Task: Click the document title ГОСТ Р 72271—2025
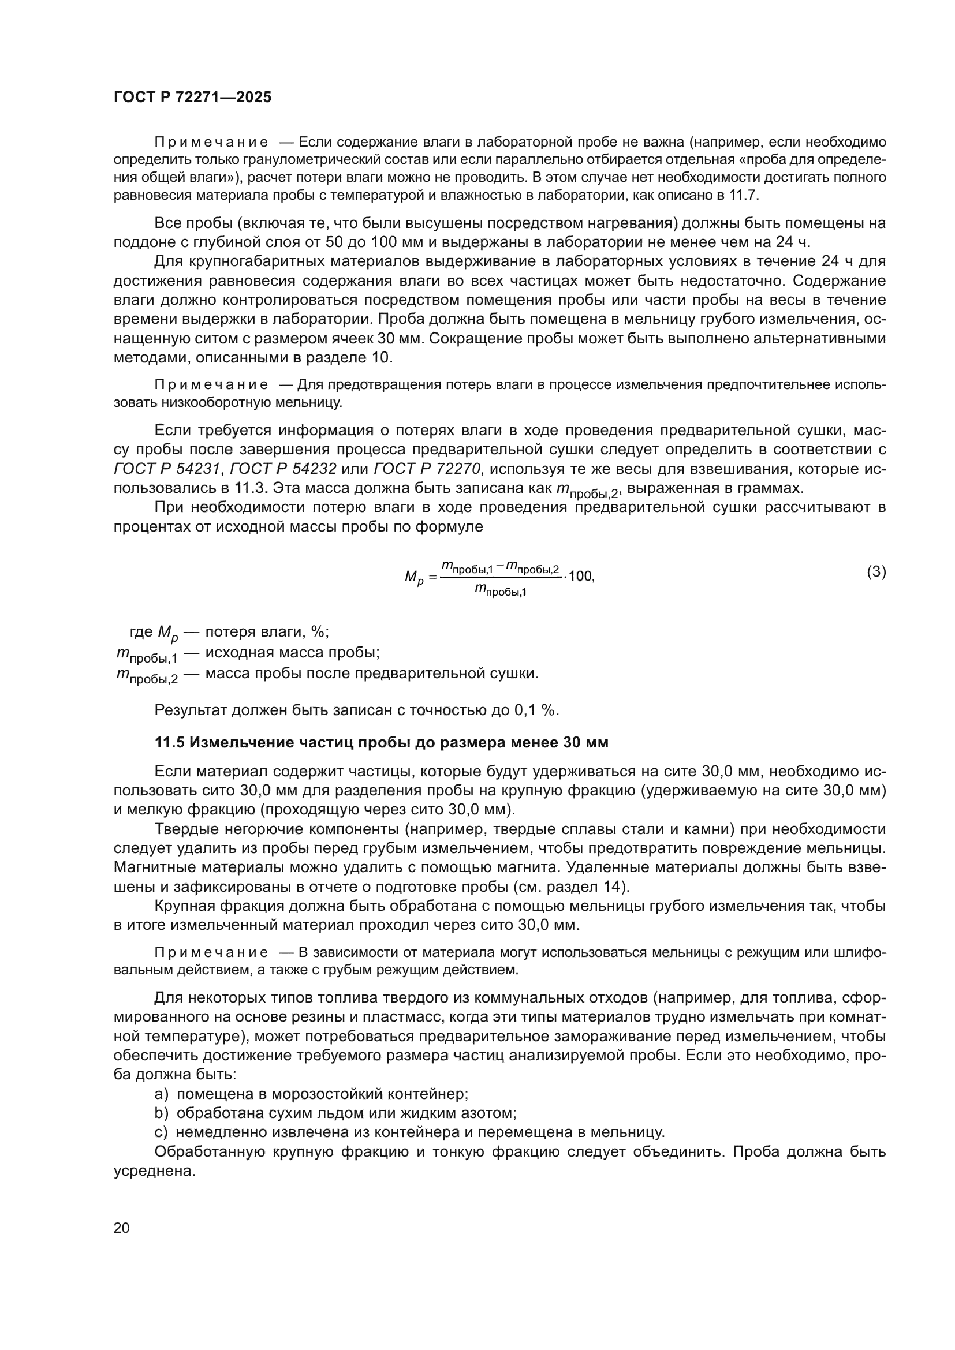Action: (192, 98)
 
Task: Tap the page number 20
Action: (121, 1228)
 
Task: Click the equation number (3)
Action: (876, 571)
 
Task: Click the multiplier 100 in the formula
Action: (581, 576)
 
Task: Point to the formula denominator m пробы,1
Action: (501, 590)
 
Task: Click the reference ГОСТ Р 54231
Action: (166, 469)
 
